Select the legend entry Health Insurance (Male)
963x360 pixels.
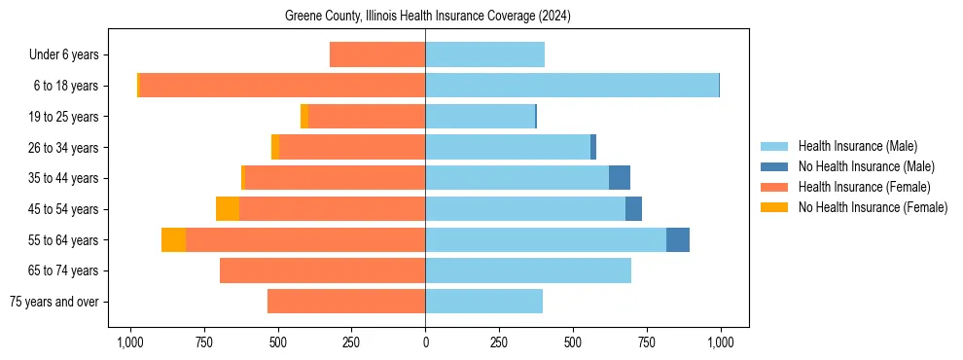(x=857, y=146)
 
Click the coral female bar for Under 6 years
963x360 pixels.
(x=377, y=54)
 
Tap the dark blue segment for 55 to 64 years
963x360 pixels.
(x=678, y=239)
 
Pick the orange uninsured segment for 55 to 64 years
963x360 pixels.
(x=174, y=239)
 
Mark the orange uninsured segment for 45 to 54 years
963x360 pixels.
(x=228, y=209)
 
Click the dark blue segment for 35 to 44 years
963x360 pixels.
(x=620, y=178)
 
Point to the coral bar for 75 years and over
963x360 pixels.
(x=346, y=302)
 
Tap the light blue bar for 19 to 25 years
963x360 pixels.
(x=480, y=117)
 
